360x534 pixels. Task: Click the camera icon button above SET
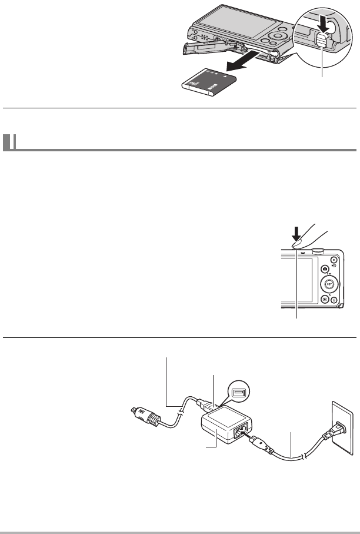click(x=324, y=269)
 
